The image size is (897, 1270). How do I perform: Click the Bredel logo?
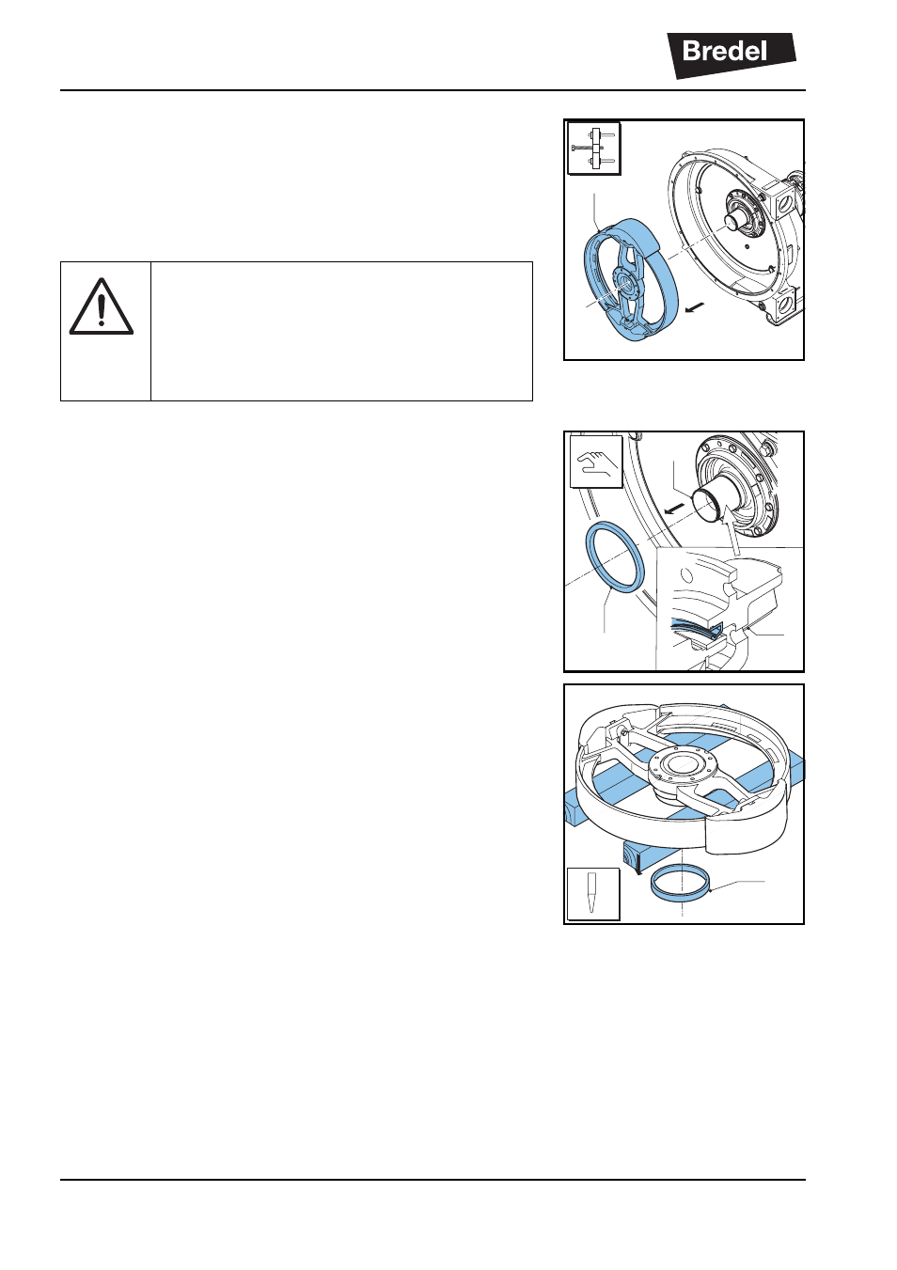[x=731, y=55]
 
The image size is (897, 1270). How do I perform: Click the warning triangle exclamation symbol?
[x=102, y=306]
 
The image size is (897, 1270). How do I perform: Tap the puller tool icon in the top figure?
[x=594, y=149]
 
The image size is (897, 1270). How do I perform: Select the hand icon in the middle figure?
[x=596, y=462]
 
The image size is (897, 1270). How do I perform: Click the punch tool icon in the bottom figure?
[x=593, y=894]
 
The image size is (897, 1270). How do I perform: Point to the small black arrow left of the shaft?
[x=674, y=510]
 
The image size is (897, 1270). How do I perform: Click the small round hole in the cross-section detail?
[x=685, y=575]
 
